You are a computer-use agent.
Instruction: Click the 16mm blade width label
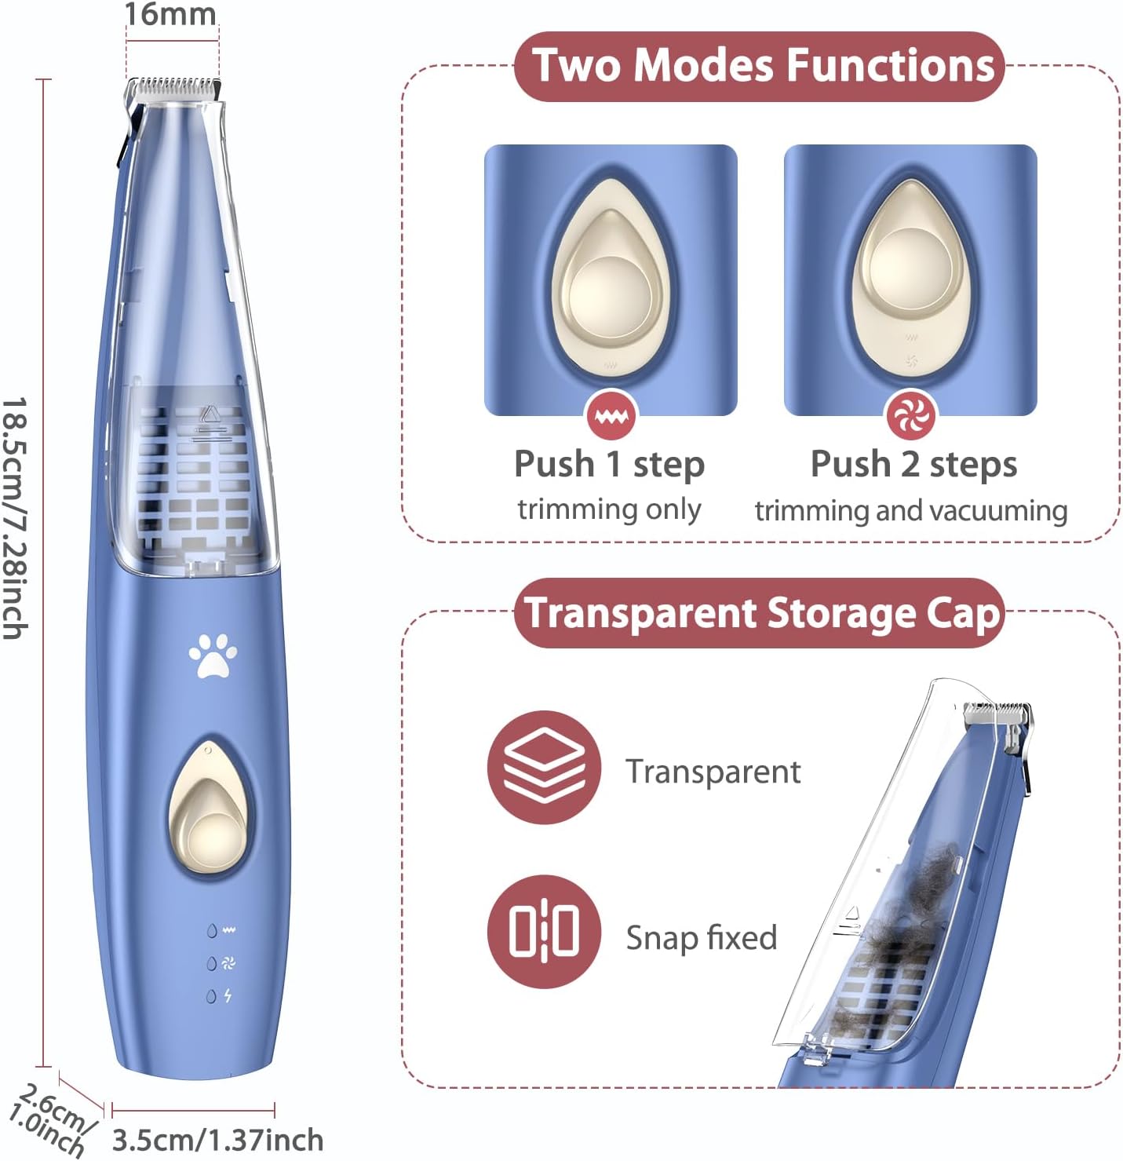[170, 14]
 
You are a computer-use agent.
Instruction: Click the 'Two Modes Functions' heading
[763, 65]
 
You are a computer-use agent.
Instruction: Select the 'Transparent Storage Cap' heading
[761, 612]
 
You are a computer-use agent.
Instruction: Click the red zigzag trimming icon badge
[611, 415]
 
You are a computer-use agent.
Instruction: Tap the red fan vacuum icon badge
[910, 415]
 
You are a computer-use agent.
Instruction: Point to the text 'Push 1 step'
[610, 464]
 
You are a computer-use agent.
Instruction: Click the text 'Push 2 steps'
[913, 464]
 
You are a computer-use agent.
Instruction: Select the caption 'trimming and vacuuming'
[910, 511]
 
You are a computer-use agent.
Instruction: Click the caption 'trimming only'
[609, 510]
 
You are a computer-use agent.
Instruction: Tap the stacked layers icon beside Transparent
[544, 767]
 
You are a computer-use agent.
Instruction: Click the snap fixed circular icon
[544, 932]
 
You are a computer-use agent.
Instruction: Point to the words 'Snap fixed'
[702, 937]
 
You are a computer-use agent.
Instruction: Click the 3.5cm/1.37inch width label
[217, 1140]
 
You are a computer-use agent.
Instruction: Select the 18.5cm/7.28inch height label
[14, 518]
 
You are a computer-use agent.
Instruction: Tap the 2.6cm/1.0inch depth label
[50, 1119]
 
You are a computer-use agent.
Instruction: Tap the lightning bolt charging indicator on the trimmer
[228, 995]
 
